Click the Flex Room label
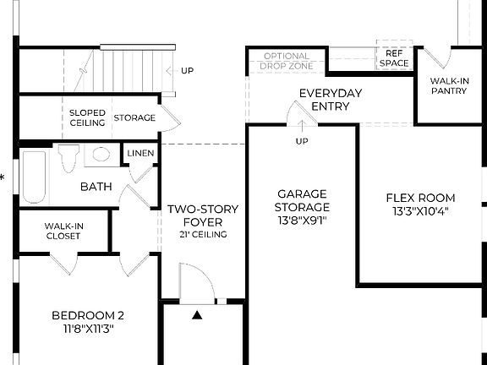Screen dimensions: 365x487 click(x=421, y=199)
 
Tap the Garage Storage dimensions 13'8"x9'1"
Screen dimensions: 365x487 click(x=302, y=220)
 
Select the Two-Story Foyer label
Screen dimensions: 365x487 click(x=203, y=215)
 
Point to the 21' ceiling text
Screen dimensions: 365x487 click(x=203, y=234)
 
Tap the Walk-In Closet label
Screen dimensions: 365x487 click(x=63, y=231)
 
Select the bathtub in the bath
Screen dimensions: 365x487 click(x=34, y=176)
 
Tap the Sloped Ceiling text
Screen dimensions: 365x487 click(x=87, y=117)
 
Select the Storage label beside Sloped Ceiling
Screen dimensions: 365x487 click(x=134, y=117)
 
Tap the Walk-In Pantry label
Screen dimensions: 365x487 click(x=448, y=85)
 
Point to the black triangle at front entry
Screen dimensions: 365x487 click(x=198, y=315)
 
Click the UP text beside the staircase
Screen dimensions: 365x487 click(x=186, y=70)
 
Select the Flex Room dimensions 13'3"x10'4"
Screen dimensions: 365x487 click(x=421, y=211)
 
